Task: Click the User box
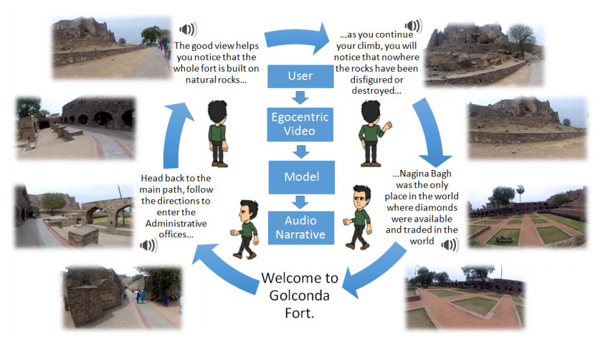tap(300, 76)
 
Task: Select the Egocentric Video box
tap(300, 124)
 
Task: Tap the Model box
tap(302, 177)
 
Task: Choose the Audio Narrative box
tap(301, 228)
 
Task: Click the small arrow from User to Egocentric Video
tap(300, 98)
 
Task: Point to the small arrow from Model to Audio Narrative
tap(300, 202)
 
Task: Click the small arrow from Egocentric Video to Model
tap(301, 151)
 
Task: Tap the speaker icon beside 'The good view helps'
tap(188, 29)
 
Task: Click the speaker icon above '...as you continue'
tap(414, 26)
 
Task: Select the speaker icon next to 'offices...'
tap(149, 245)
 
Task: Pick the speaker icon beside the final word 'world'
tap(450, 245)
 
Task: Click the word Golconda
tap(300, 295)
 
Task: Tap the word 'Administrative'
tap(176, 224)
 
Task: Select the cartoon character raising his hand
tap(374, 133)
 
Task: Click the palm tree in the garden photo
tap(521, 194)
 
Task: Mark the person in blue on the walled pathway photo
tap(143, 297)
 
